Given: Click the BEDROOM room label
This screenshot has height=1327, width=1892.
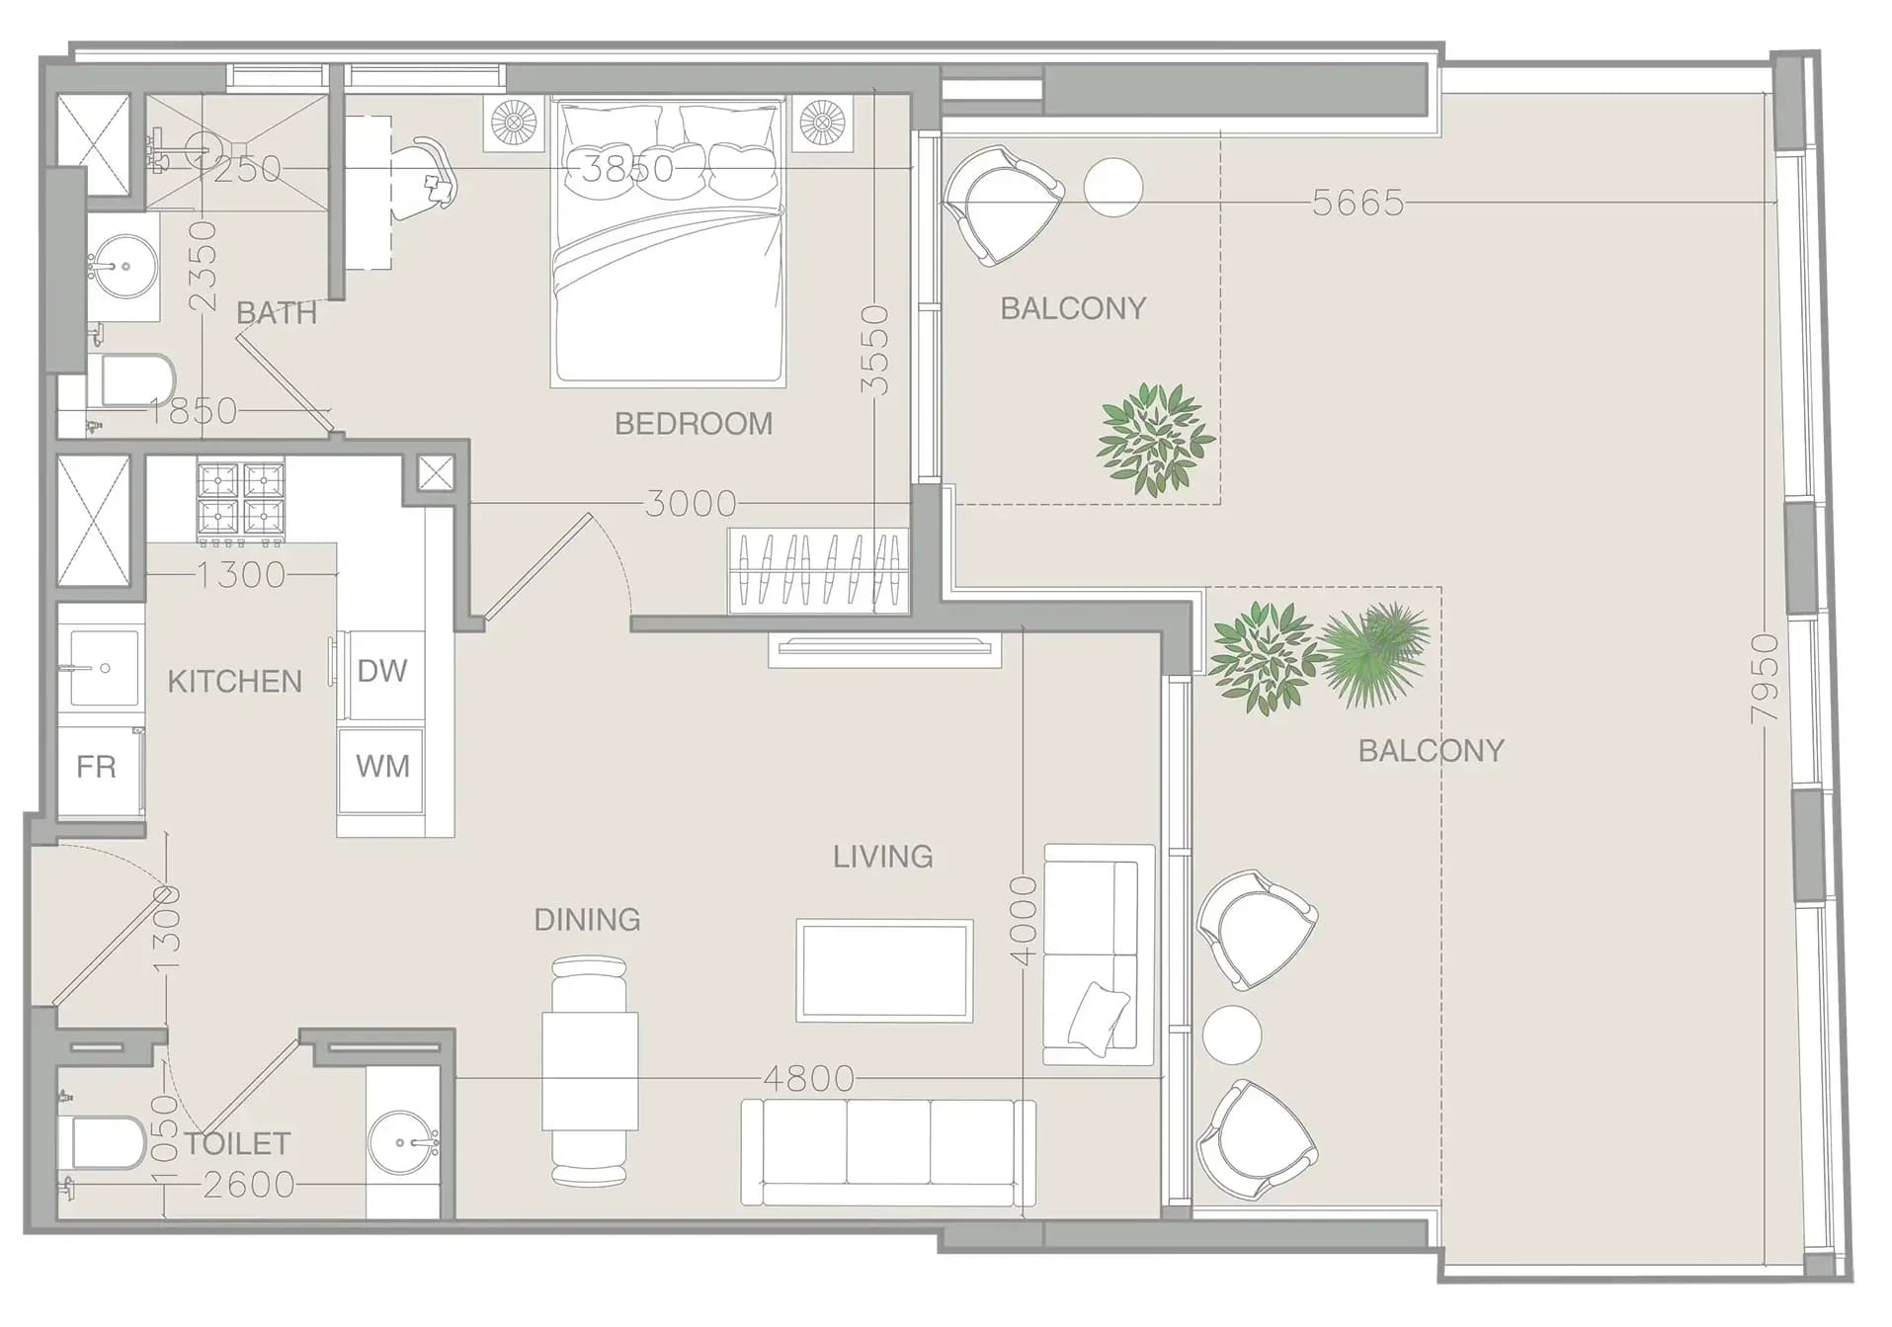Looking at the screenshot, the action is click(694, 424).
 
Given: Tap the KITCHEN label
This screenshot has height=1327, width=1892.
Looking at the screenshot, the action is click(234, 682).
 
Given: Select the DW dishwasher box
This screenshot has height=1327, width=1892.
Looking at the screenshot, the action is click(382, 675).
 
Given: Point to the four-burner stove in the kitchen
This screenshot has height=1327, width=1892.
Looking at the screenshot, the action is click(241, 502).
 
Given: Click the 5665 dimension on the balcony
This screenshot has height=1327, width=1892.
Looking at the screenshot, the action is click(1357, 203).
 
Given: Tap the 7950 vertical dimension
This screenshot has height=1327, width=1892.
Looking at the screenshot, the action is click(1765, 679).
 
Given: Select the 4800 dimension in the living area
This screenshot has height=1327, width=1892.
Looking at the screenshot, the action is click(808, 1078).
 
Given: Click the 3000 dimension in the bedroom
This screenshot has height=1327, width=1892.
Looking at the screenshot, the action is click(691, 504).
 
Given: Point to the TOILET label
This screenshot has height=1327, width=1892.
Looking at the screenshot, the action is click(237, 1144).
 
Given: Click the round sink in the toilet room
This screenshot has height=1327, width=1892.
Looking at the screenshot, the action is click(402, 1143).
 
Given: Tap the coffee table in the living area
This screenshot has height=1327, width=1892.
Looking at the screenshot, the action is click(884, 970).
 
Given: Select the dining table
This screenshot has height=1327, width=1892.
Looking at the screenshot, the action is click(590, 1071).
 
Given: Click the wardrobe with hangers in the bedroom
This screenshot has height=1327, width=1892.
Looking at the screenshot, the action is click(819, 571).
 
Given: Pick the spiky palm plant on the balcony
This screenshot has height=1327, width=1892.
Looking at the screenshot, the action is click(1375, 654).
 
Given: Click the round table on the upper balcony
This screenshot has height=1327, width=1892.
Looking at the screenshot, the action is click(1113, 187).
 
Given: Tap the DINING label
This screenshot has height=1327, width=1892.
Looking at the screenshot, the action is click(587, 920).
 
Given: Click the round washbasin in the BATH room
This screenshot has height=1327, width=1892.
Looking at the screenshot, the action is click(123, 266).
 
